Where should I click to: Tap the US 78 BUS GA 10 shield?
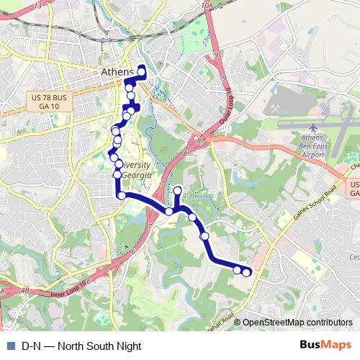point(49,101)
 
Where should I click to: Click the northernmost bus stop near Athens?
point(142,70)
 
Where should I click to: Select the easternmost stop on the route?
point(247,271)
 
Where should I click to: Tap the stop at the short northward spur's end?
point(177,191)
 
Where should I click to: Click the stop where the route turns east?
point(122,195)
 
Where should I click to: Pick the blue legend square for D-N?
point(10,346)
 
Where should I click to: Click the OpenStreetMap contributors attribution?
point(296,323)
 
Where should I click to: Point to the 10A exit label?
point(207,6)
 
